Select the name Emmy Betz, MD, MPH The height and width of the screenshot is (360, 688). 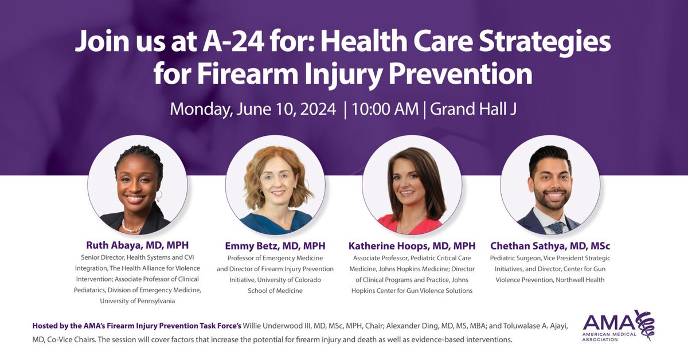pos(275,246)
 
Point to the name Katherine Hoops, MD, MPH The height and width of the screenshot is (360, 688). pos(412,246)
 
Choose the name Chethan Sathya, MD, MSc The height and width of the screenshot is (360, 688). pos(550,246)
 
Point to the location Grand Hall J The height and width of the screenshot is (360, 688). pos(474,109)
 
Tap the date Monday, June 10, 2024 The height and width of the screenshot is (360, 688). pos(253,109)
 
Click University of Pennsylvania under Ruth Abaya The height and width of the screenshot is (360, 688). pos(138,301)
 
